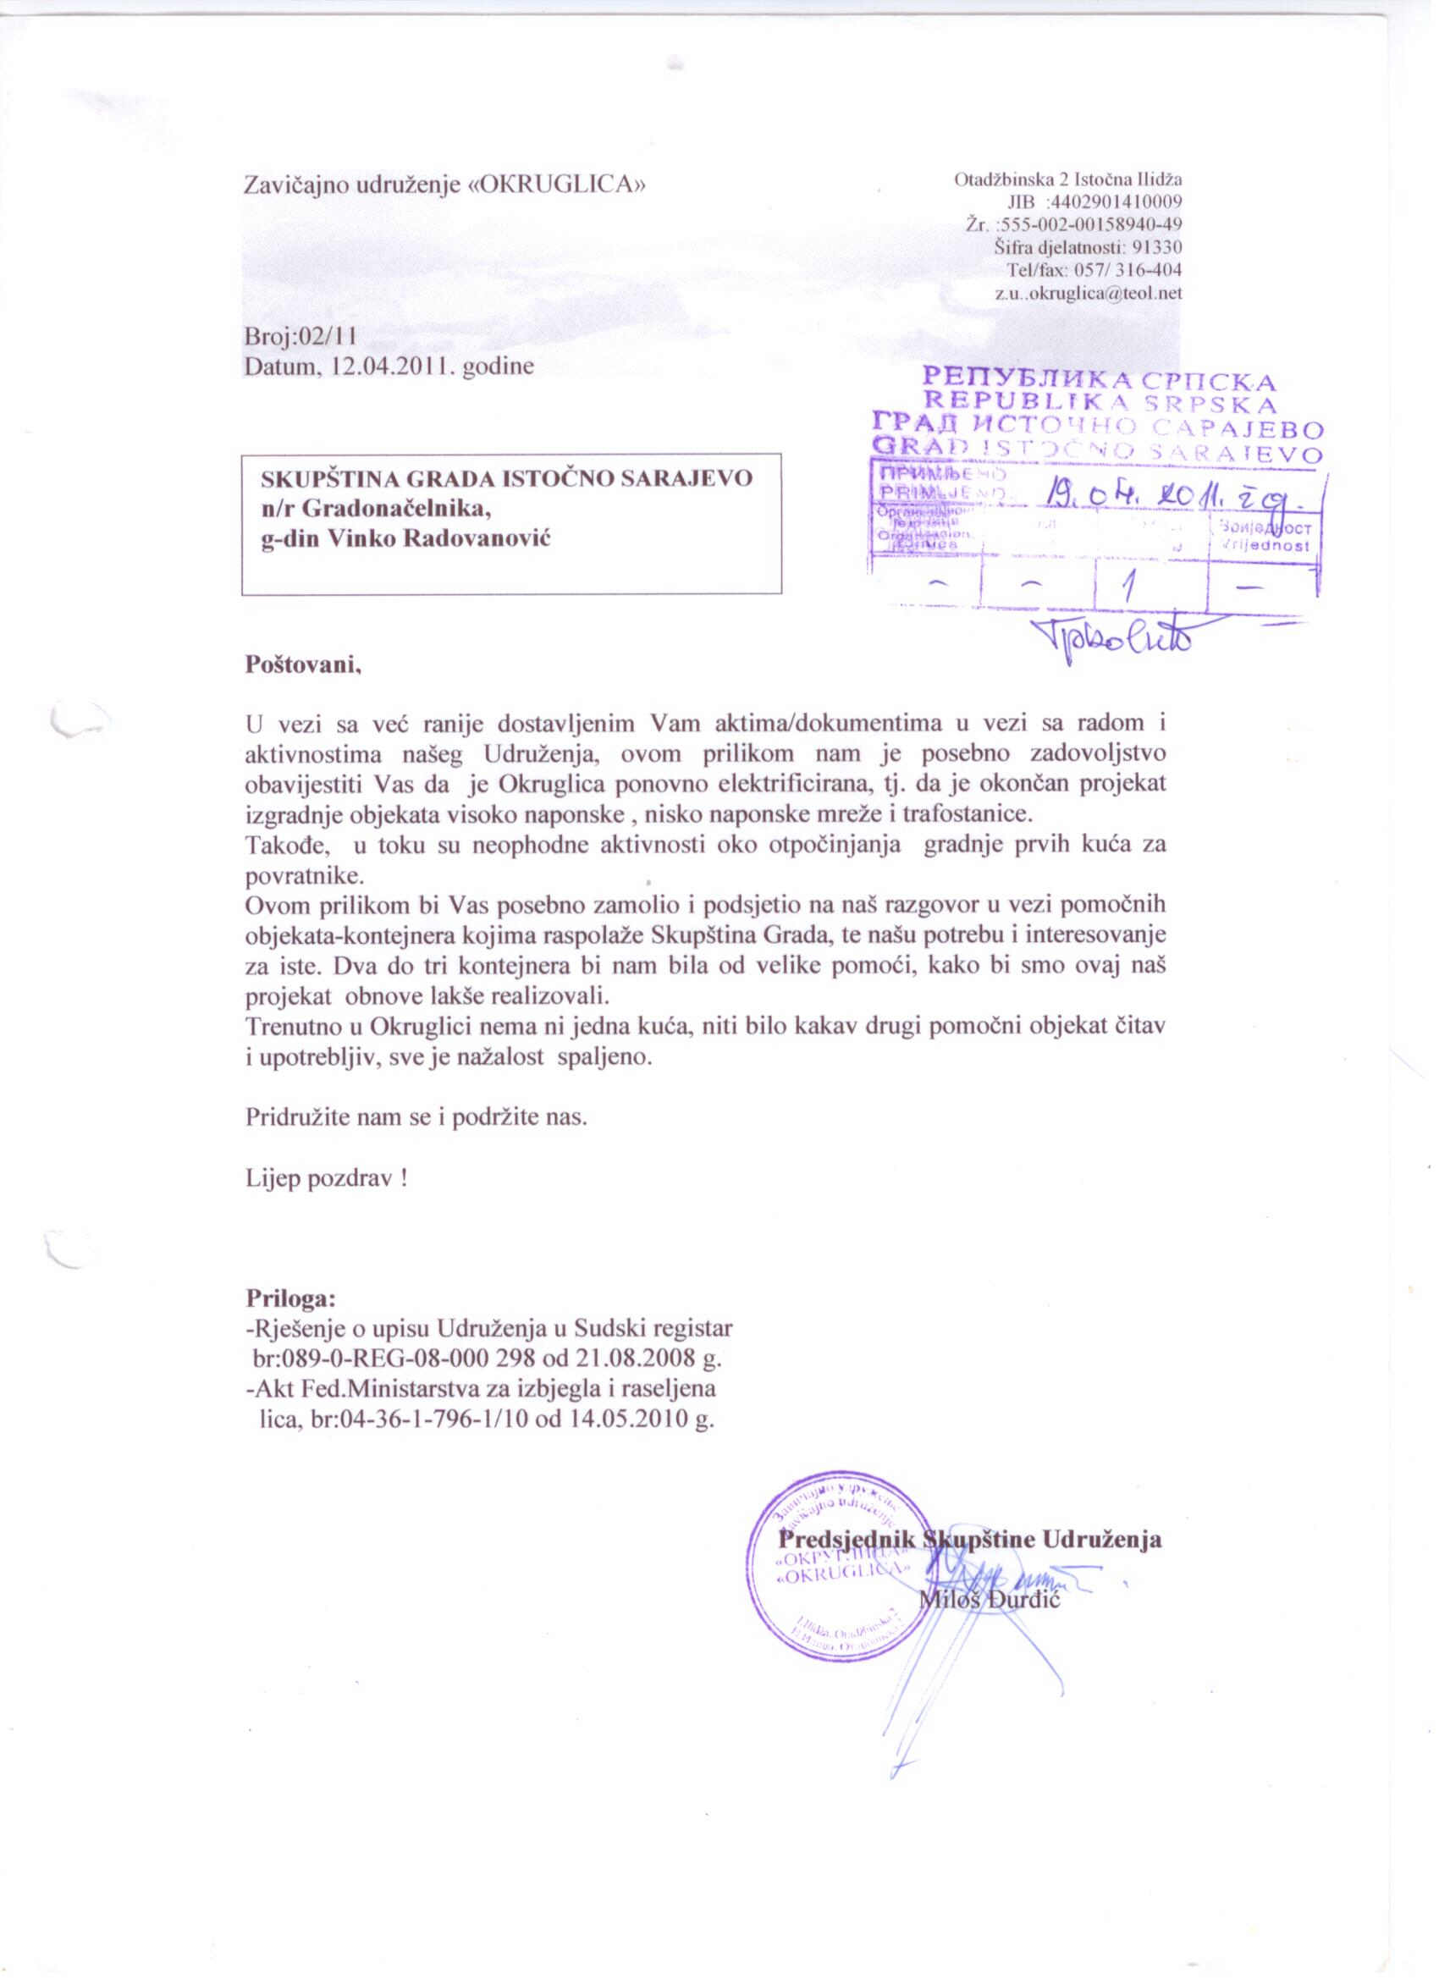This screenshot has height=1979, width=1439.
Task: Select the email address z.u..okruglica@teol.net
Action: [1088, 293]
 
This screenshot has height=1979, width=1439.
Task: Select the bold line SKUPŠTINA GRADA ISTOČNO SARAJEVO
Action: [506, 479]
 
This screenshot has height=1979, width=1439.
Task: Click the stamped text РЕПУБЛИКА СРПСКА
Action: [1099, 381]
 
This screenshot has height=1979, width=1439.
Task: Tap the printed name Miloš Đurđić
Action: [990, 1599]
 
